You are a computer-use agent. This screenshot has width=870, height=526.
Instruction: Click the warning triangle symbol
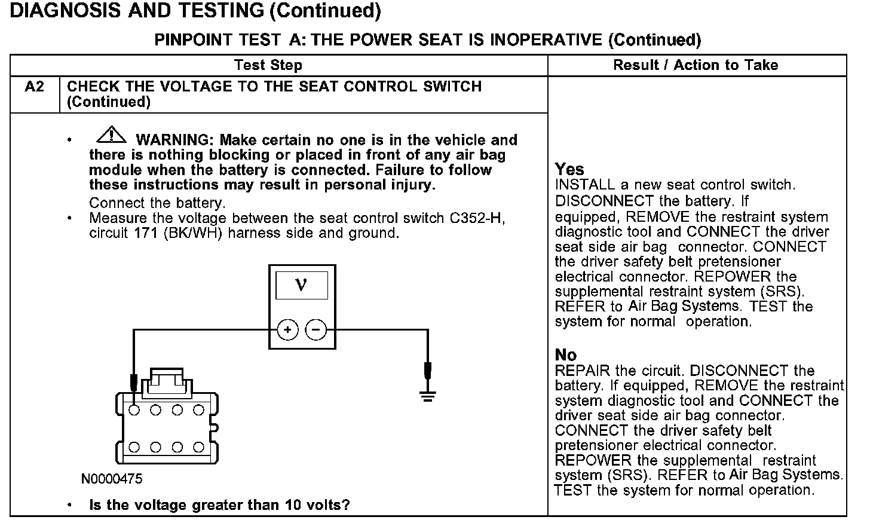tap(111, 136)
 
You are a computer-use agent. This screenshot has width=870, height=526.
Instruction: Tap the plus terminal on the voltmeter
tap(287, 329)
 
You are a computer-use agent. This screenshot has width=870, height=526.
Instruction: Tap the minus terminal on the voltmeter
tap(316, 329)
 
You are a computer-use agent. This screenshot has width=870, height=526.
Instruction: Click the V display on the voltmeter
tap(301, 285)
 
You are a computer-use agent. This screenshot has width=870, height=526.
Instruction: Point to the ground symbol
tap(427, 395)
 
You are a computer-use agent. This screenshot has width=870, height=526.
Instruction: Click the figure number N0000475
tap(112, 479)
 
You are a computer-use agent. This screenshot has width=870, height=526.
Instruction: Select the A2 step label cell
tap(35, 87)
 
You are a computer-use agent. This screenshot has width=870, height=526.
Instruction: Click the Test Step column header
tap(268, 65)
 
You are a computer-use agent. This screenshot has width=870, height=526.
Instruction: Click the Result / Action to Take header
tap(696, 65)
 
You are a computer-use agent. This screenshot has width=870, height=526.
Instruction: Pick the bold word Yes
tap(569, 169)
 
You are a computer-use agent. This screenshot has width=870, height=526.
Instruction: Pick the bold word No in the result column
tap(566, 355)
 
